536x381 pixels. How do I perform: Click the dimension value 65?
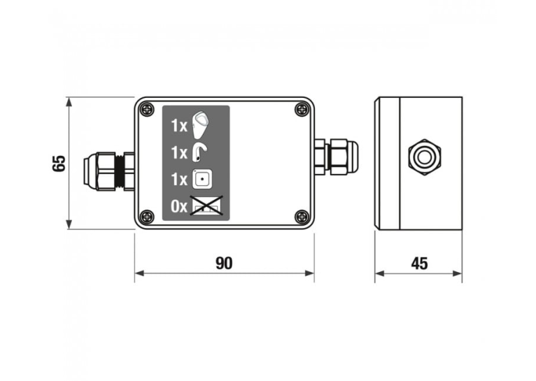click(59, 164)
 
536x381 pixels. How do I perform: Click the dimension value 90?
click(224, 264)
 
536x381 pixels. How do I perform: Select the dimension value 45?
click(419, 264)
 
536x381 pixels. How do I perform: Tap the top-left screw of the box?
click(148, 109)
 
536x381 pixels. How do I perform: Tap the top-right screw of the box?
click(302, 109)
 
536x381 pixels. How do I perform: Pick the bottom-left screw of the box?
click(148, 217)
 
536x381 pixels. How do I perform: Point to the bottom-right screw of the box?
click(302, 217)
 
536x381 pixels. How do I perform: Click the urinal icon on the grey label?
click(199, 124)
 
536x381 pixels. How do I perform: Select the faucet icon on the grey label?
click(199, 152)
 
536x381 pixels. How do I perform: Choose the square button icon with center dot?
click(202, 179)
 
